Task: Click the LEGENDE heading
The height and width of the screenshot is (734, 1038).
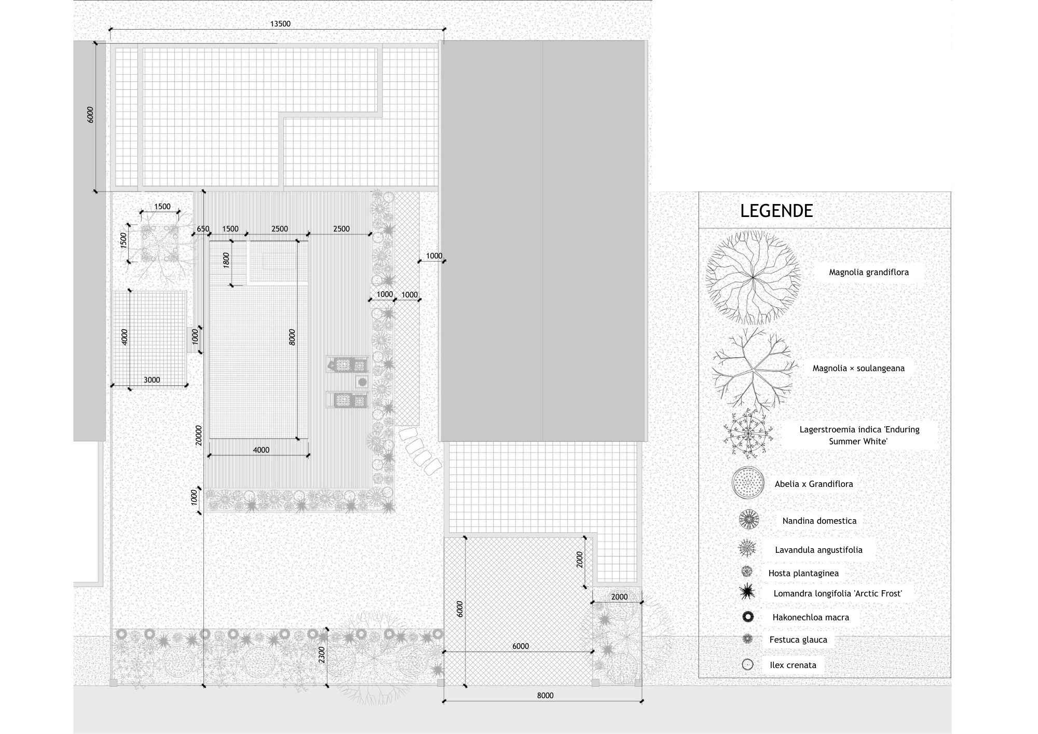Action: point(776,211)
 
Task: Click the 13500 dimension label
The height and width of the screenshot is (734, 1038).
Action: point(280,23)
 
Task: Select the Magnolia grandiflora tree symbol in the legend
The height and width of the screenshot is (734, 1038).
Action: point(753,277)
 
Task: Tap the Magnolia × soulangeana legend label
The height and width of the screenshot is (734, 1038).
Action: point(858,368)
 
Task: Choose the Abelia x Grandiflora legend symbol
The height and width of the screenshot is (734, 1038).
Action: point(748,483)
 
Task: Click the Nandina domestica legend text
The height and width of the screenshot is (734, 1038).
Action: point(820,521)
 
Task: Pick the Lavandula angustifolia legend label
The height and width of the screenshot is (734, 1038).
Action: point(818,550)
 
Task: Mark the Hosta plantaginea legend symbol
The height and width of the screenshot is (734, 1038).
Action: point(747,572)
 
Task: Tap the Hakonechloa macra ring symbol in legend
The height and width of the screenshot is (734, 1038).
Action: point(748,617)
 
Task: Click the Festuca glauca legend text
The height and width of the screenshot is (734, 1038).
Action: point(798,640)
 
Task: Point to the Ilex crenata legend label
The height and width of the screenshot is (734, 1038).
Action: point(793,665)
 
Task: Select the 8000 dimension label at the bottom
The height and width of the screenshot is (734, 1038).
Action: point(545,696)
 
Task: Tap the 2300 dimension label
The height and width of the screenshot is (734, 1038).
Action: point(322,655)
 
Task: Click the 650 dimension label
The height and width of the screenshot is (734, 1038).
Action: point(203,229)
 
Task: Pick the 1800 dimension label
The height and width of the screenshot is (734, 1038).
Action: point(226,260)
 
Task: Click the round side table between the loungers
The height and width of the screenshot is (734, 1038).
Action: point(362,382)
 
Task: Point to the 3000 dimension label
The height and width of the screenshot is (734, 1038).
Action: point(152,380)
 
